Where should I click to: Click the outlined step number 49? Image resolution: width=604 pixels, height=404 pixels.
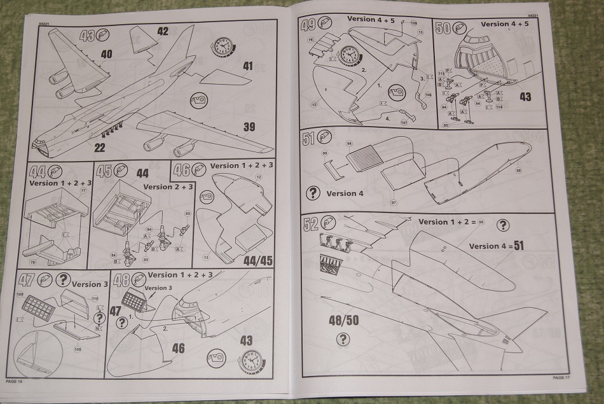[308, 25]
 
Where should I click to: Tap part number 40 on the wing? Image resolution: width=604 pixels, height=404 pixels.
[106, 55]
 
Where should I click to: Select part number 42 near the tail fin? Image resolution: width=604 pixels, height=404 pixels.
[163, 31]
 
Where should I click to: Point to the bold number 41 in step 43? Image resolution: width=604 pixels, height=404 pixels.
[247, 66]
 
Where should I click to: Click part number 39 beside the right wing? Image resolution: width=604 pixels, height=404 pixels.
[249, 127]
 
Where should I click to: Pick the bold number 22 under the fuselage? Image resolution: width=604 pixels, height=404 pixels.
[100, 148]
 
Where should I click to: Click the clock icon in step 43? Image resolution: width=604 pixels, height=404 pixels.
[223, 46]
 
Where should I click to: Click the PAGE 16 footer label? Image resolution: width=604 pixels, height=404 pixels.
[14, 380]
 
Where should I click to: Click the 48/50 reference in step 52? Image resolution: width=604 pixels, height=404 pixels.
[343, 320]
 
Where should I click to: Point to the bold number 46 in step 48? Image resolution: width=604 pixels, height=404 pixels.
[179, 347]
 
